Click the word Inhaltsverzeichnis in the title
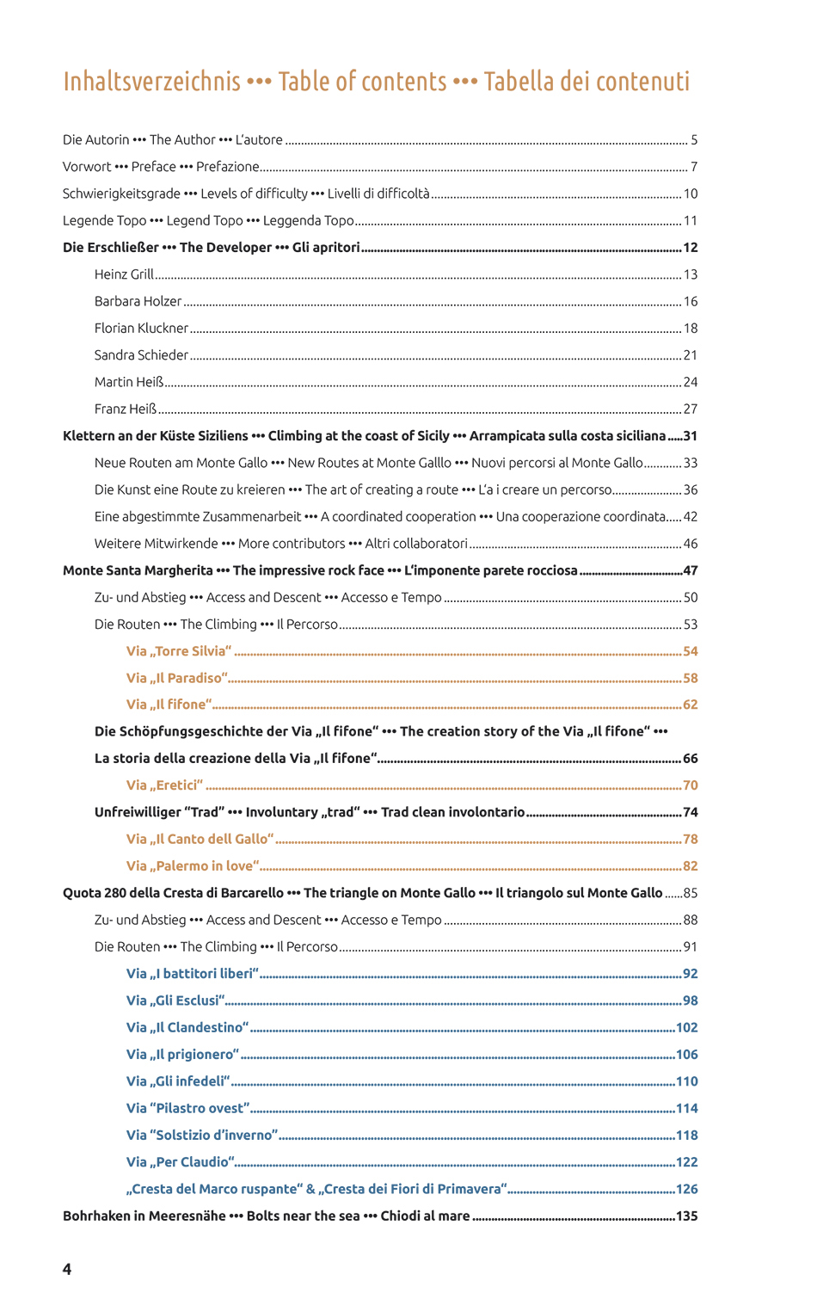click(151, 82)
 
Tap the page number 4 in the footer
click(67, 1269)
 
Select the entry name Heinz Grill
click(124, 274)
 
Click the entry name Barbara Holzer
click(138, 301)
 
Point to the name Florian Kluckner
click(141, 328)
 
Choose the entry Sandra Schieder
click(141, 354)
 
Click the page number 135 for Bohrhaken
click(686, 1216)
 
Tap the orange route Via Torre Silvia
click(179, 651)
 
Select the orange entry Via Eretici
click(164, 785)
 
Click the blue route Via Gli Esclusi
click(175, 1000)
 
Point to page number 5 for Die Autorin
click(694, 140)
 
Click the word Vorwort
click(87, 167)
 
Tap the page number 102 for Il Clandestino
click(686, 1027)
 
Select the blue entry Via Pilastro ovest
click(187, 1108)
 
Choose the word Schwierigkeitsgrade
click(121, 194)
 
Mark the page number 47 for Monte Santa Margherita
click(691, 570)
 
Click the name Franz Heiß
click(126, 409)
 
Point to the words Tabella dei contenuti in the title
click(587, 82)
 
